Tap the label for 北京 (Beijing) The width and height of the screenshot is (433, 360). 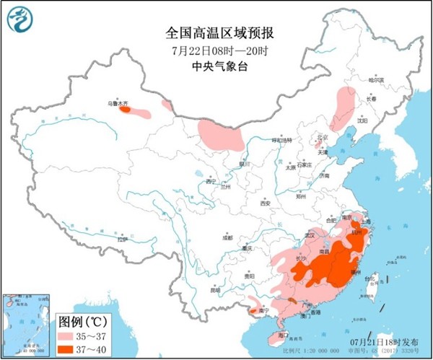pyautogui.click(x=323, y=136)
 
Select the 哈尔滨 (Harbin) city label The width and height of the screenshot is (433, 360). pyautogui.click(x=377, y=80)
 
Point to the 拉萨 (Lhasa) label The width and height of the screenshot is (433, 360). pyautogui.click(x=122, y=237)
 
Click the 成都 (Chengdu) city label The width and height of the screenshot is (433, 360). pyautogui.click(x=228, y=237)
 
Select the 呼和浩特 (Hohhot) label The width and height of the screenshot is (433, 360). pyautogui.click(x=280, y=140)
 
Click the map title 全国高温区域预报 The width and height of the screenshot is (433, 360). pyautogui.click(x=215, y=33)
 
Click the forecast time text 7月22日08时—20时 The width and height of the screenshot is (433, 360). pyautogui.click(x=215, y=51)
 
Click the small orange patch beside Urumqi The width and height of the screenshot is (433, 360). pyautogui.click(x=126, y=110)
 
